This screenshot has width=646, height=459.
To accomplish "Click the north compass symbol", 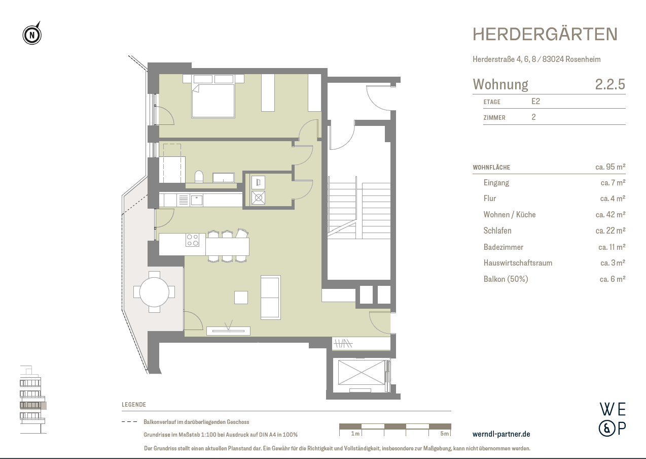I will (32, 35).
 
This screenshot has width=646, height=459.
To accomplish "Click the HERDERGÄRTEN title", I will (545, 35).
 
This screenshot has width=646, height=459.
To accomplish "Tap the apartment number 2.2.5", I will (610, 84).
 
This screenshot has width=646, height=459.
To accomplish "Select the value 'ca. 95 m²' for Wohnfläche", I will (610, 167).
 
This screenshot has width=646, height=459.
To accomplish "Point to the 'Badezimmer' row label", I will (503, 247).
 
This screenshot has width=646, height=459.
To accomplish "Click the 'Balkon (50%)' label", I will (506, 279).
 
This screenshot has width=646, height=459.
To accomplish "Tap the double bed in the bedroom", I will (213, 101).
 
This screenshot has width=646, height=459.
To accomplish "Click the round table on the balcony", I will (154, 292).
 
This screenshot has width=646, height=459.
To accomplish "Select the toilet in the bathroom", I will (199, 177).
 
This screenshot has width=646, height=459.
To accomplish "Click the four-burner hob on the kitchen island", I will (193, 240).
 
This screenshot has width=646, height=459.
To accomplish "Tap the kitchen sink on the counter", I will (196, 200).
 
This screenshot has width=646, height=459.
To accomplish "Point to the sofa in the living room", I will (270, 297).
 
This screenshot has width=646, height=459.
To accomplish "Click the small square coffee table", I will (241, 297).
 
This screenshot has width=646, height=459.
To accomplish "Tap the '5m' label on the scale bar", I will (444, 434).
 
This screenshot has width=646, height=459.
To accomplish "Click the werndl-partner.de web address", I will (501, 434).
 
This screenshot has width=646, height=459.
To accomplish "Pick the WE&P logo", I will (612, 419).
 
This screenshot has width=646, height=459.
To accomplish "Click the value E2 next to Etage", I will (535, 102).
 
